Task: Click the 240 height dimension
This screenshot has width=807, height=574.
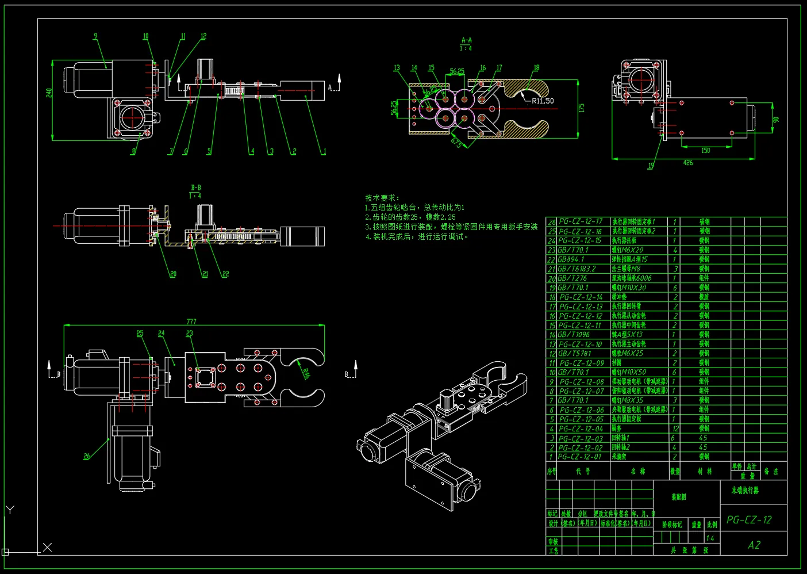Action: pyautogui.click(x=49, y=93)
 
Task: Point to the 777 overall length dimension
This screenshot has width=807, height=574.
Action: pyautogui.click(x=191, y=322)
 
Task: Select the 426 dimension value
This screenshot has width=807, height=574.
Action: pyautogui.click(x=687, y=163)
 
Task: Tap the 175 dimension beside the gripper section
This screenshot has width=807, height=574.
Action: pyautogui.click(x=581, y=108)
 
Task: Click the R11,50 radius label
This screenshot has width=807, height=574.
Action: pyautogui.click(x=542, y=101)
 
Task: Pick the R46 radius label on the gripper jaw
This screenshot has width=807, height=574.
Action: pyautogui.click(x=306, y=373)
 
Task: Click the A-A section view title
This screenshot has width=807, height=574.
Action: pyautogui.click(x=466, y=40)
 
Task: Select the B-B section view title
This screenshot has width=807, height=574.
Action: pyautogui.click(x=195, y=187)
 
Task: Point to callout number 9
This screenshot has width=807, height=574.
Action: pyautogui.click(x=95, y=36)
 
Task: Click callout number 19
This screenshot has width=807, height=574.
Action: pyautogui.click(x=651, y=166)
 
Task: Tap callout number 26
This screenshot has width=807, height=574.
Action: pyautogui.click(x=87, y=456)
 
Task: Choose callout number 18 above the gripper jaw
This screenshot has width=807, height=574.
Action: pyautogui.click(x=536, y=68)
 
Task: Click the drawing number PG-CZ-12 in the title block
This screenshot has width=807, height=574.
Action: pyautogui.click(x=749, y=520)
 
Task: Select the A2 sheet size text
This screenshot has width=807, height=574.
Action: pyautogui.click(x=754, y=545)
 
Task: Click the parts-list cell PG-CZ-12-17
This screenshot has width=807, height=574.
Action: pyautogui.click(x=581, y=221)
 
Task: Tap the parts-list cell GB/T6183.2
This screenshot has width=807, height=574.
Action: pyautogui.click(x=577, y=269)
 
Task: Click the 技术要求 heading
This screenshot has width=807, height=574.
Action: pyautogui.click(x=382, y=198)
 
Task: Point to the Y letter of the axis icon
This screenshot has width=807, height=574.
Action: pyautogui.click(x=10, y=510)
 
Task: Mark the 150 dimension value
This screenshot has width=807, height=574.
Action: pyautogui.click(x=705, y=151)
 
